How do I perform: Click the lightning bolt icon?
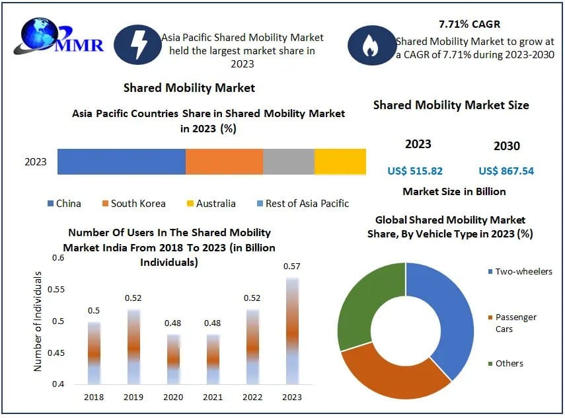[x=137, y=44]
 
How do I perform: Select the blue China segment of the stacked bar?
[x=121, y=161]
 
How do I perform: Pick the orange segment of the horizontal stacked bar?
[x=224, y=161]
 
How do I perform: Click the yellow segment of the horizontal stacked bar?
[x=340, y=161]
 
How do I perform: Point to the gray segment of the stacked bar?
[x=288, y=161]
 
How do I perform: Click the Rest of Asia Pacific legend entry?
[x=302, y=204]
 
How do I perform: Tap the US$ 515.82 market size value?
[x=415, y=171]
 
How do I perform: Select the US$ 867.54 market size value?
[x=506, y=171]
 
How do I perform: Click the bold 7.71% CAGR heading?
[x=469, y=24]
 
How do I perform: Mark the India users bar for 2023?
[x=292, y=331]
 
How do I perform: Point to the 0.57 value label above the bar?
[x=292, y=267]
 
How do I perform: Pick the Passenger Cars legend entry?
[x=515, y=323]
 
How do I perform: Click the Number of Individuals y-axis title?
[x=38, y=321]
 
